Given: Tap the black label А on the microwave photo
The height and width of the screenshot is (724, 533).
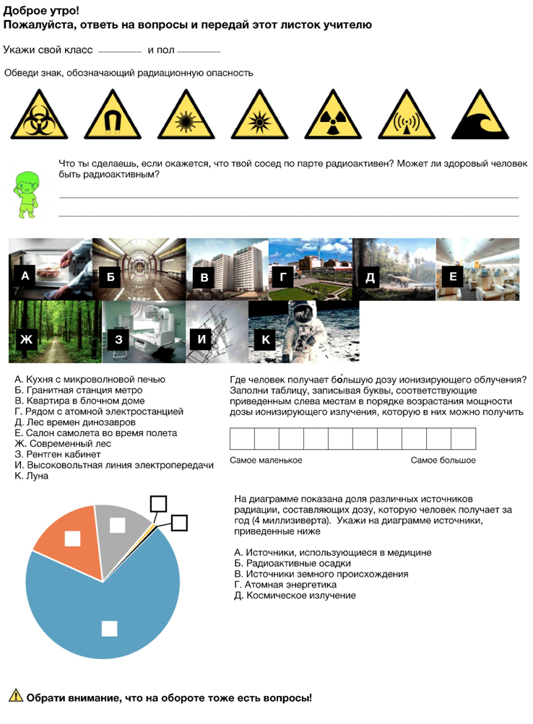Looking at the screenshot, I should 25,276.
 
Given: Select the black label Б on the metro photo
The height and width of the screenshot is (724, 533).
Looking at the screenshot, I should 110,276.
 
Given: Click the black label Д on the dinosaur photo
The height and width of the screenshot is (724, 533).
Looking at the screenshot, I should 370,277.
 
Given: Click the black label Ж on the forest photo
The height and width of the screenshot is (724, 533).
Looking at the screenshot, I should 27,339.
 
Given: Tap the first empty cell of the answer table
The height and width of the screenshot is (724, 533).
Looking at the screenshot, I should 242,439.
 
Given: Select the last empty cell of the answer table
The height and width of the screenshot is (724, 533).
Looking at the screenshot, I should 463,439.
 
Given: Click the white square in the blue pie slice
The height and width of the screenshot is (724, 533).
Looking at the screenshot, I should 109,628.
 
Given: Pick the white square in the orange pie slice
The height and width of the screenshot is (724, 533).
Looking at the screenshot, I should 72,538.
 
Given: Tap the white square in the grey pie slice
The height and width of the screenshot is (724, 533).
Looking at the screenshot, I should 117,525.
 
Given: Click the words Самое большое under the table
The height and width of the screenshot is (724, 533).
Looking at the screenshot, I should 443,460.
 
